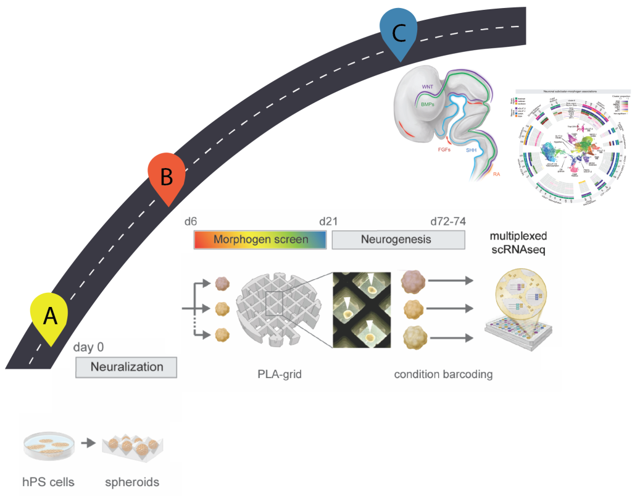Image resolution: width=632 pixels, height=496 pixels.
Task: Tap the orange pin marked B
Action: (166, 177)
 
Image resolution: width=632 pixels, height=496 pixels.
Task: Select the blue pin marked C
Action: (399, 32)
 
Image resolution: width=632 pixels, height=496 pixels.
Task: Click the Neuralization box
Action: (127, 367)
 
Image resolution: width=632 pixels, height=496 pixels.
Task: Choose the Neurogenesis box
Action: (398, 239)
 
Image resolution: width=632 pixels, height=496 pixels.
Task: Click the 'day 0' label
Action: (88, 347)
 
